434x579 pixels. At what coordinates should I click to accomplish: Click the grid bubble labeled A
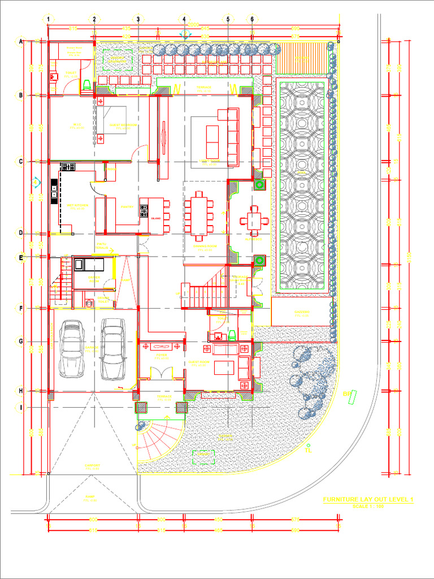21,42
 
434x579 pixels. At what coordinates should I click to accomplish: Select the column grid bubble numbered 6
252,19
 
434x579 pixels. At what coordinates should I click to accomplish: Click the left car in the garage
72,349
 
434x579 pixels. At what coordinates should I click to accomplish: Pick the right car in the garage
113,349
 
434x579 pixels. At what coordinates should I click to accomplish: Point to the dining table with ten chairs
198,213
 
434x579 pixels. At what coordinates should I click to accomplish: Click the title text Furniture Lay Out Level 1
368,500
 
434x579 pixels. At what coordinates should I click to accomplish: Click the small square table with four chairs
254,219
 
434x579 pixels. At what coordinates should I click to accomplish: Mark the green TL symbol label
308,451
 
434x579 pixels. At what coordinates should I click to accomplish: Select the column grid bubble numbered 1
49,19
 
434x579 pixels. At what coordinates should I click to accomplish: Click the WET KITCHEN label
76,206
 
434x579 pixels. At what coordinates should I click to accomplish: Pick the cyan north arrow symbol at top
183,34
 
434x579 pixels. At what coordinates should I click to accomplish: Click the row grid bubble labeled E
21,258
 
